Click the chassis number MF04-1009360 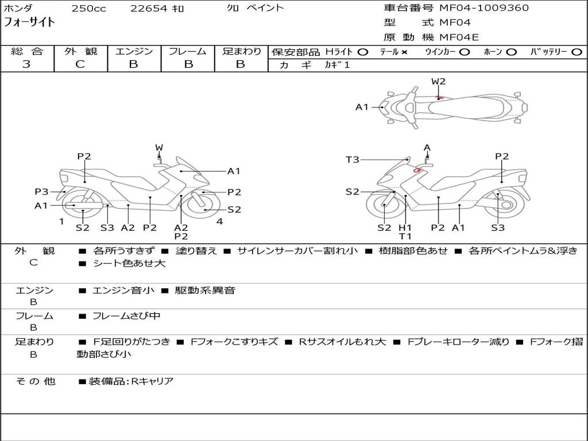[484, 8]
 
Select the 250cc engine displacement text [88, 9]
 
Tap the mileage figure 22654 [149, 9]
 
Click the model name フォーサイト [30, 22]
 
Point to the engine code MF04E [459, 37]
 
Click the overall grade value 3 [26, 64]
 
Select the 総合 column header [26, 52]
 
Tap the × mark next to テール [404, 52]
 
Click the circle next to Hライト [362, 52]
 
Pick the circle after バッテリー [577, 52]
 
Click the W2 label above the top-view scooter [439, 82]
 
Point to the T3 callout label [353, 160]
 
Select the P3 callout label [41, 192]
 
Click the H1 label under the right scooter [405, 228]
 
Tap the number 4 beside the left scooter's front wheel [219, 222]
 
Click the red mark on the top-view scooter [440, 98]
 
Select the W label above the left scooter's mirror [159, 148]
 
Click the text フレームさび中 [126, 316]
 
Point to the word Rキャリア [152, 381]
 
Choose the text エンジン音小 [123, 291]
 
